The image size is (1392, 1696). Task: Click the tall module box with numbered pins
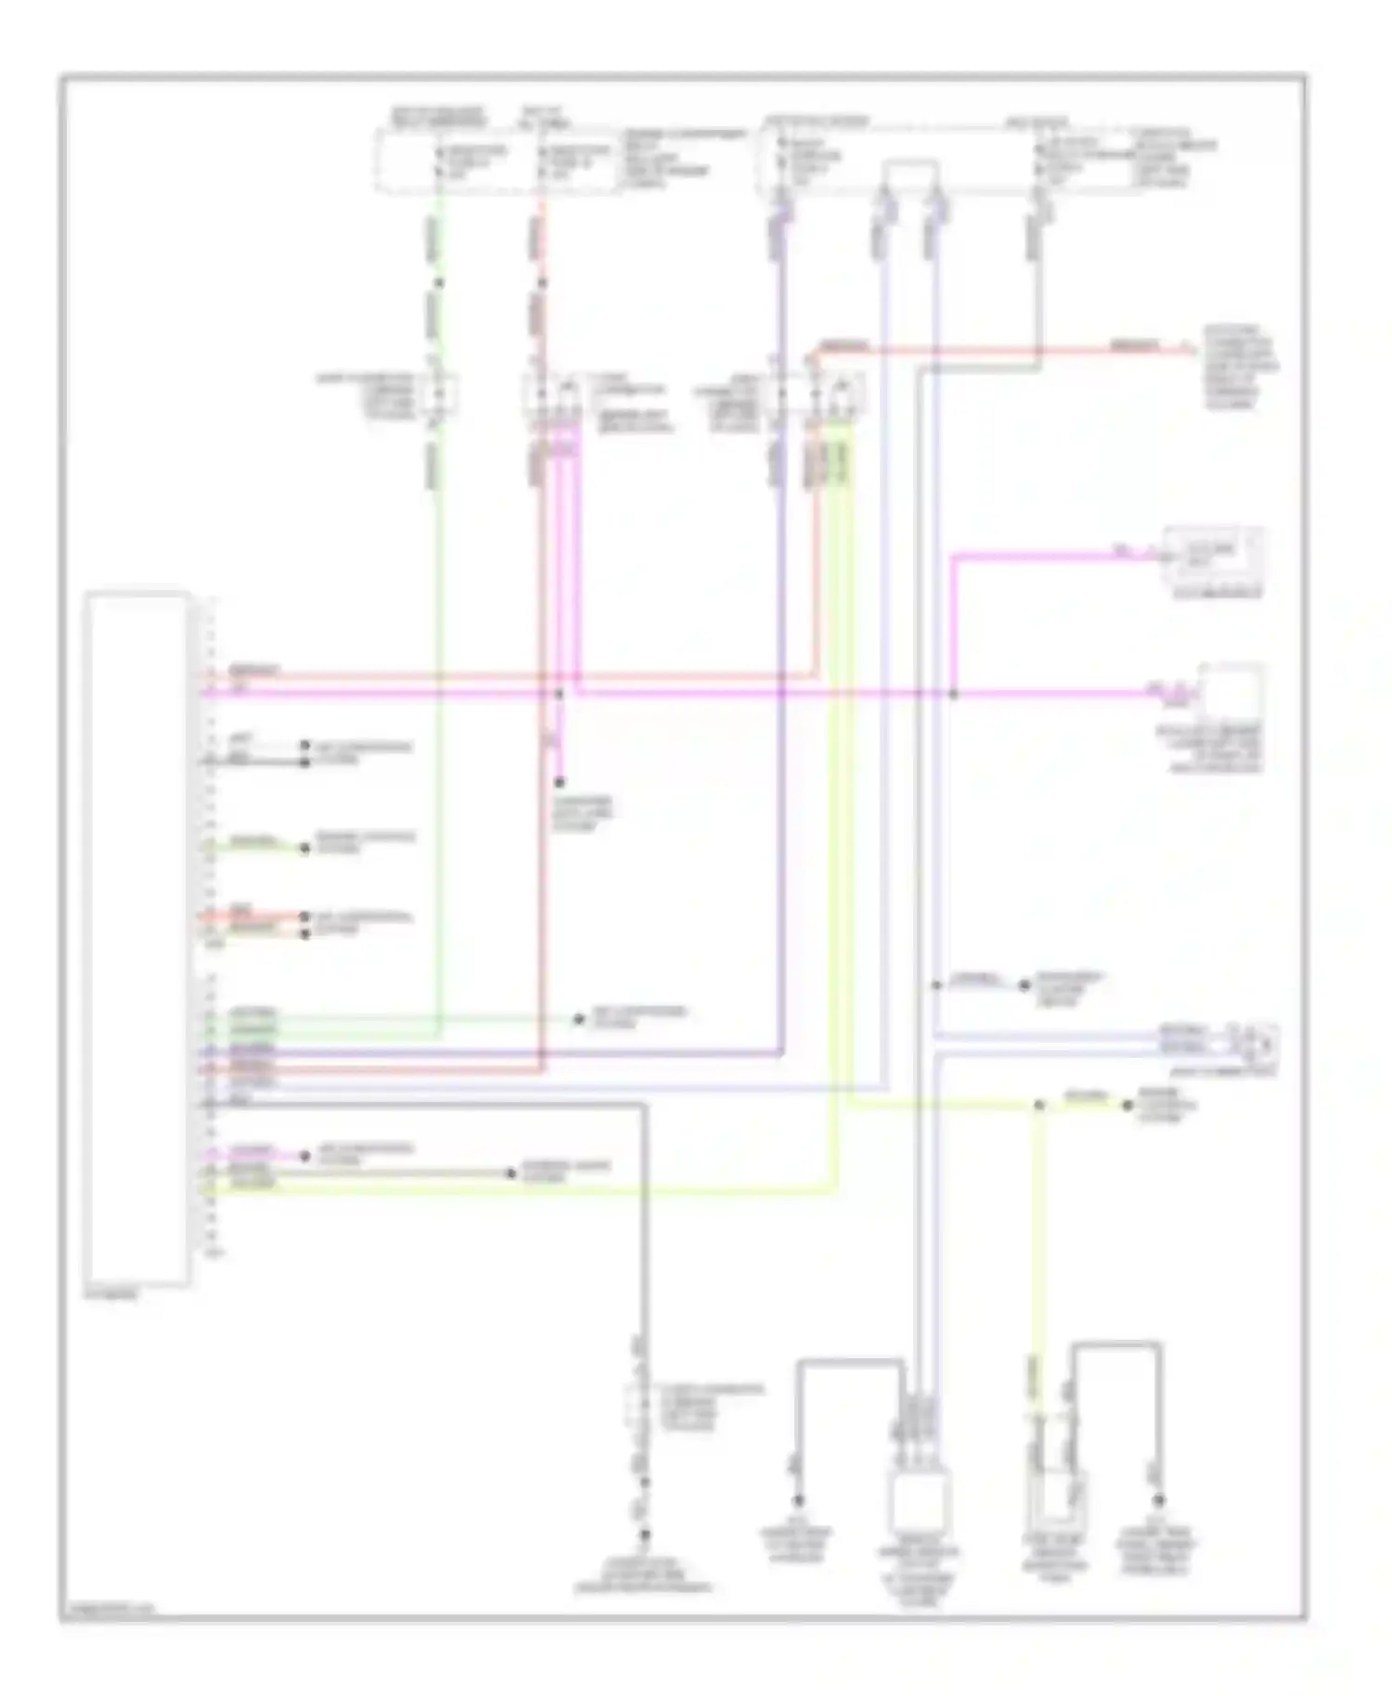point(137,939)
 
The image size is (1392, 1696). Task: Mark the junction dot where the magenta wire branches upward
point(953,694)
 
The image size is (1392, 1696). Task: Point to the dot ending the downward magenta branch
point(560,783)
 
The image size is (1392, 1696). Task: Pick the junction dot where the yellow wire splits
point(1038,1105)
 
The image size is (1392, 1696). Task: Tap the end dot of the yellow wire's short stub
point(1128,1105)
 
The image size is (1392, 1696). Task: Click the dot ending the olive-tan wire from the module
point(510,1174)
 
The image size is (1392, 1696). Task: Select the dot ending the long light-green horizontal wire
point(578,1019)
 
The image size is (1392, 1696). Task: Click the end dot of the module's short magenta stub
point(303,1156)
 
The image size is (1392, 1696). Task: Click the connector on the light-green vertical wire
point(439,392)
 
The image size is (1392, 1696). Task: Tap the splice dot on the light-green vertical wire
point(439,282)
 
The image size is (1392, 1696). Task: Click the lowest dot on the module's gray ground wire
point(644,1535)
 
